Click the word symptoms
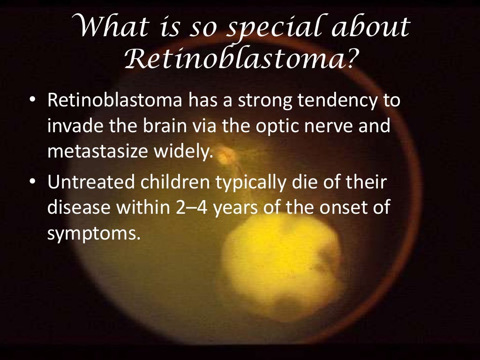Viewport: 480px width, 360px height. (x=94, y=232)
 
